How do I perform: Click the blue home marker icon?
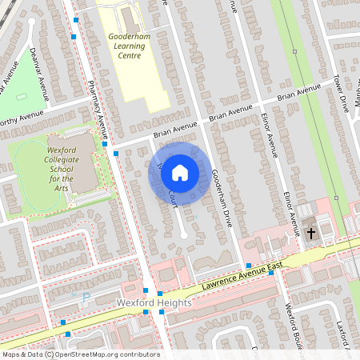click(180, 172)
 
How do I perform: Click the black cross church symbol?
click(311, 233)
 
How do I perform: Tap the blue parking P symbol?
click(86, 297)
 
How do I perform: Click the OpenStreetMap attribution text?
click(80, 354)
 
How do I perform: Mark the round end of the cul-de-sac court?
click(183, 235)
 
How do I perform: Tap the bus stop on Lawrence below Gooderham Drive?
click(249, 265)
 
